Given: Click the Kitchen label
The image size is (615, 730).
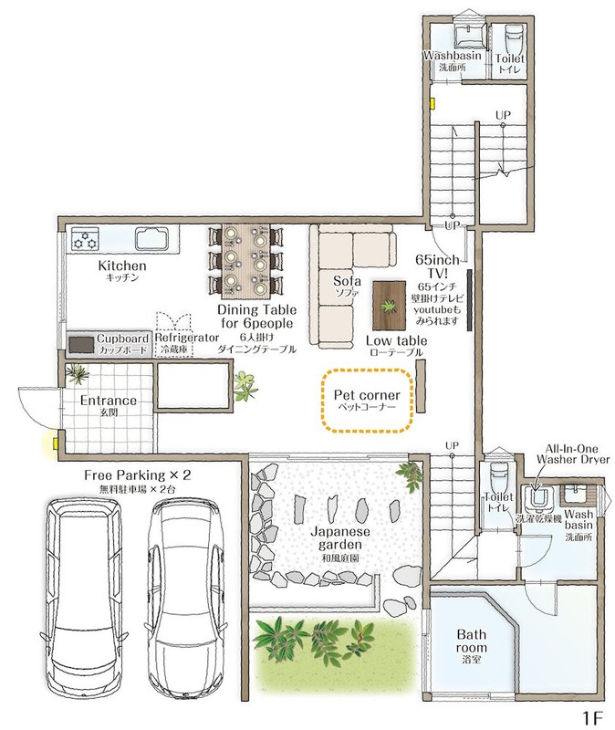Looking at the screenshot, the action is pos(122,266).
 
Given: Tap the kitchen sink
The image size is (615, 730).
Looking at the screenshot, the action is pos(151,238).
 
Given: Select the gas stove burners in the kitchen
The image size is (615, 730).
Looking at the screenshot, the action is pos(85,240).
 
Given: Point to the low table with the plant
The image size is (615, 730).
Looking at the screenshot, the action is pos(389,306).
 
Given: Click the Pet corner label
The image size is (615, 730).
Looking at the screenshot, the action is pos(367,395).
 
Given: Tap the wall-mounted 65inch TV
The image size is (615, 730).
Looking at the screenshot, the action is pos(470,299).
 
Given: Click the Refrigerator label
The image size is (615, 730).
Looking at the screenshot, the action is pos(187,337).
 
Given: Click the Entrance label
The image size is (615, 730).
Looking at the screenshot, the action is pos(109,401).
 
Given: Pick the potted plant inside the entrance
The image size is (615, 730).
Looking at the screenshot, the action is pos(78,373).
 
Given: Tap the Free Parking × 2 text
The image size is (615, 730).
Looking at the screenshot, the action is pos(138,474).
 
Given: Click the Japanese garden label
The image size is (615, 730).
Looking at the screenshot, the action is pos(339,537).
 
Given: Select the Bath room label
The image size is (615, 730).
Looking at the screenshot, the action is pos(472,641).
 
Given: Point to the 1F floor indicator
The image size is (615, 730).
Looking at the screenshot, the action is pos(592,717).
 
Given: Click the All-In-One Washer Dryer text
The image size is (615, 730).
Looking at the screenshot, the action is pos(573,454).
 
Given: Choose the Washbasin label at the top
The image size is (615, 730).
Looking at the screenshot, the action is pos(452,56).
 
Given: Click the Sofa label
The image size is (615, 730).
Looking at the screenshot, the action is pos(347,281).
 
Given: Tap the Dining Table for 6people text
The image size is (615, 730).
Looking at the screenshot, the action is pos(256,316).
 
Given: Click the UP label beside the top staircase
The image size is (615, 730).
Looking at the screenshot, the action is pos(503,115).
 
